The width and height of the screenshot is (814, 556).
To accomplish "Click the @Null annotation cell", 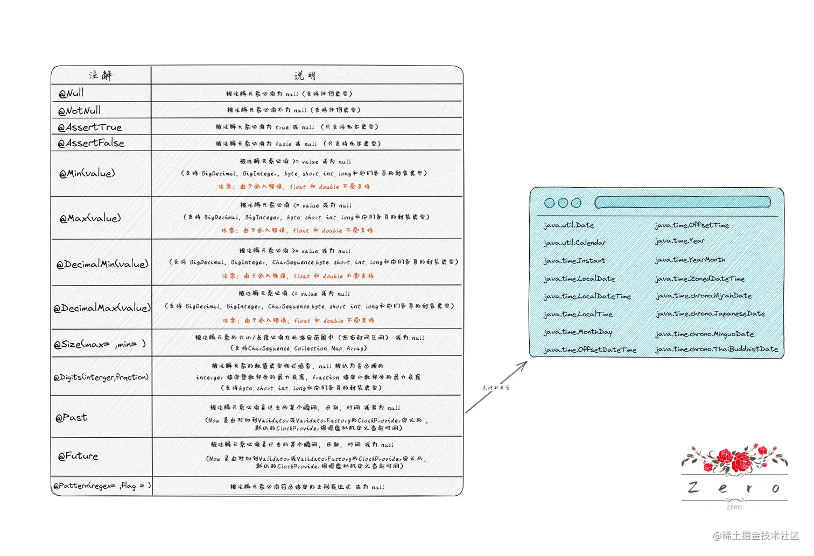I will click(71, 93).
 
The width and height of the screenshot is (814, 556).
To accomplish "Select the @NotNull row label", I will click(79, 111).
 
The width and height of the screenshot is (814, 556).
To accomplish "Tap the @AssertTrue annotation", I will click(90, 127).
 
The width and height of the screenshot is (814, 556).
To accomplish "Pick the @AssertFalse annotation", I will click(91, 143).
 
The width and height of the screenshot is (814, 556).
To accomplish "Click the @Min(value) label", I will click(87, 173).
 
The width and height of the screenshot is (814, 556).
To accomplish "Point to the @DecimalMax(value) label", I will click(102, 308).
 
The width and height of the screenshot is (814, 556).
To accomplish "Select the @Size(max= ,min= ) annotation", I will click(100, 344).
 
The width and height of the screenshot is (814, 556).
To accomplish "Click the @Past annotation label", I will click(71, 417).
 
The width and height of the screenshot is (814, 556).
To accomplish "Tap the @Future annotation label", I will click(78, 456).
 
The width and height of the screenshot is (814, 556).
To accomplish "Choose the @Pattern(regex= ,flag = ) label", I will click(102, 486).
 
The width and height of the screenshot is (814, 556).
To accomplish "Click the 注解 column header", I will click(101, 75).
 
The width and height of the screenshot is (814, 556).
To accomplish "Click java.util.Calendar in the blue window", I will click(574, 243).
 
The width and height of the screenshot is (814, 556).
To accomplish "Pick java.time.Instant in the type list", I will click(574, 261).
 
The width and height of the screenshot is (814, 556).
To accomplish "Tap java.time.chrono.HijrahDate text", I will click(703, 296).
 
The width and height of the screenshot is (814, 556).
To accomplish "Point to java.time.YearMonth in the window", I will click(690, 260).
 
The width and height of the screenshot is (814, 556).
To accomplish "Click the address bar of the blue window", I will click(683, 202).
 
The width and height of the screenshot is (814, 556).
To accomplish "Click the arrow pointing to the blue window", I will click(496, 387).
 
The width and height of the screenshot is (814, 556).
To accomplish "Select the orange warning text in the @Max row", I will click(297, 230).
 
